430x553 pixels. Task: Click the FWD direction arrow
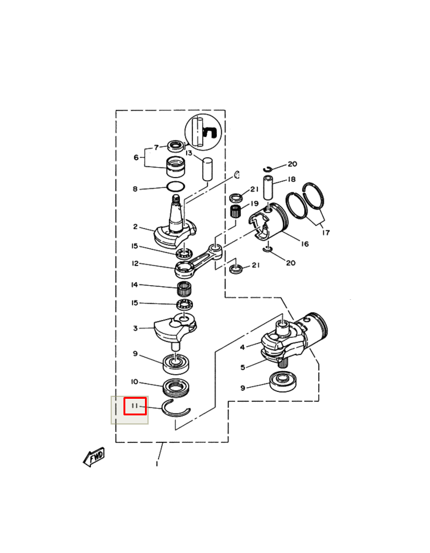click(x=94, y=457)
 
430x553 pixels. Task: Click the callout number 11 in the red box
click(x=135, y=406)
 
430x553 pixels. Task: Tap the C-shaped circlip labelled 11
click(x=176, y=409)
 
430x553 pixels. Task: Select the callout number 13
click(x=189, y=153)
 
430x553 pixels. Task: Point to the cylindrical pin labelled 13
click(x=207, y=169)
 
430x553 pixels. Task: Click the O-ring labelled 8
click(x=176, y=186)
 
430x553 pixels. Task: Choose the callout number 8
click(x=135, y=189)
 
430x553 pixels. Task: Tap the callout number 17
click(x=326, y=232)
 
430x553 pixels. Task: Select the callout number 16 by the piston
click(x=305, y=244)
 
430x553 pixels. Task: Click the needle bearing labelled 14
click(x=184, y=290)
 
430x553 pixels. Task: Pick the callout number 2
click(x=135, y=226)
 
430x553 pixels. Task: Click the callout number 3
click(x=135, y=328)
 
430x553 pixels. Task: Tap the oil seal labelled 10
click(x=177, y=387)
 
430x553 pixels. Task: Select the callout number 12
click(x=135, y=264)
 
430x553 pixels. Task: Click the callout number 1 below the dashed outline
click(x=157, y=464)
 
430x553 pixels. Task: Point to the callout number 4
click(x=242, y=347)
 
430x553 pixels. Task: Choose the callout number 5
click(x=243, y=367)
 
